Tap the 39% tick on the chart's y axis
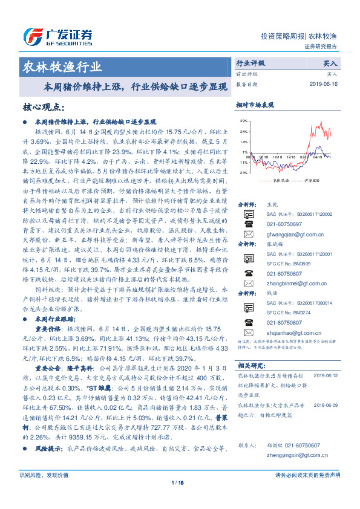pos(243,121)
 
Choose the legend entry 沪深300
pos(309,181)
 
